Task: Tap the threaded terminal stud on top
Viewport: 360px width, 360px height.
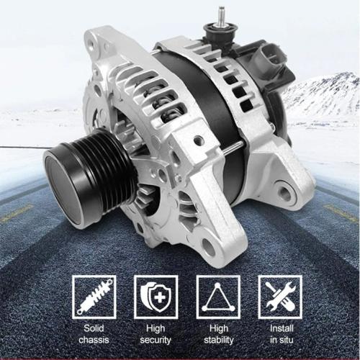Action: (x=221, y=16)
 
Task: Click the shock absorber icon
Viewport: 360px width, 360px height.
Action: (x=94, y=297)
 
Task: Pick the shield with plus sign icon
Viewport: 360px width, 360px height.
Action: (x=156, y=297)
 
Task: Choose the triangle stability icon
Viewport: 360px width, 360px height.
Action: (x=218, y=297)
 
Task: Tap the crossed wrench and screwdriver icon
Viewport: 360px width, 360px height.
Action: (x=280, y=297)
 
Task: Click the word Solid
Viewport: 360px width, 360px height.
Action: (x=94, y=328)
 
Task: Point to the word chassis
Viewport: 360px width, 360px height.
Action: (x=94, y=340)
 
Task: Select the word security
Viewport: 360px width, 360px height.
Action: (x=156, y=341)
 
